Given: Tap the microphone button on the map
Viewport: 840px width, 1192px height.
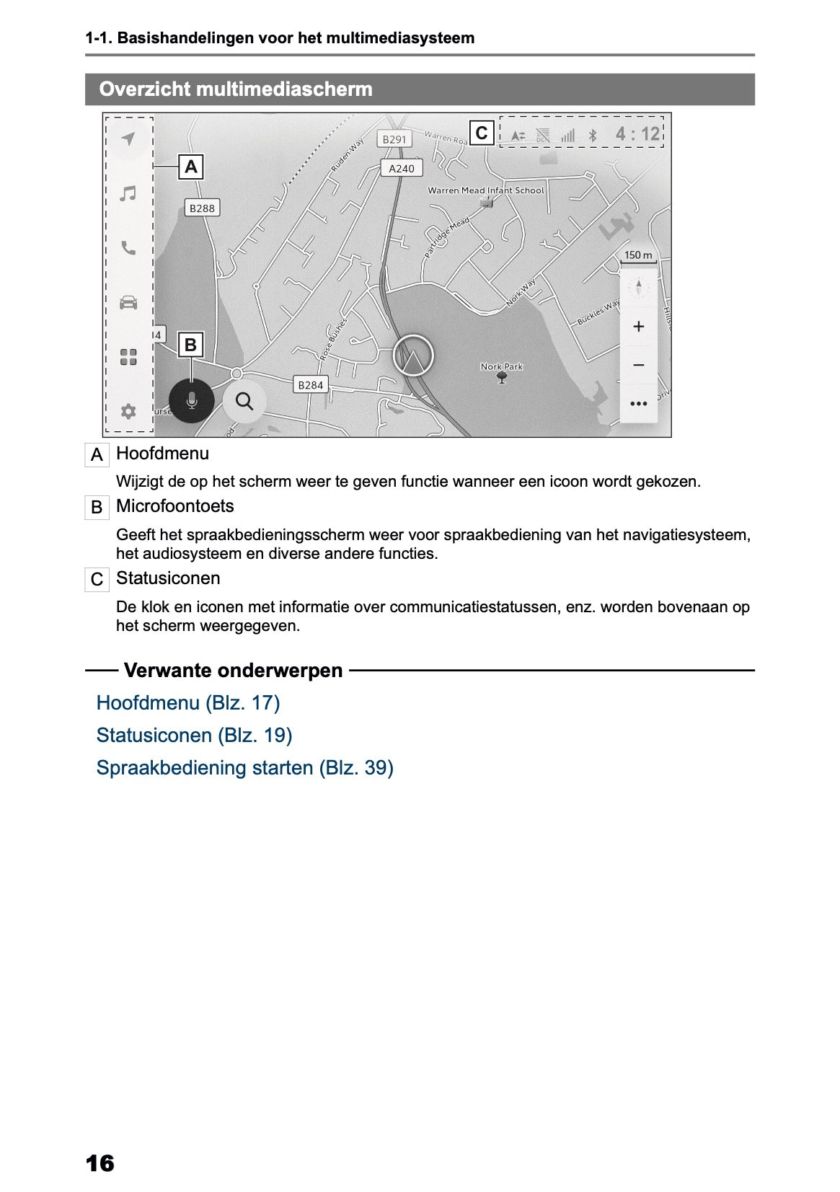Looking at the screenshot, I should click(x=191, y=400).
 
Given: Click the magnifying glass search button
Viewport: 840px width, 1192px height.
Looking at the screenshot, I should click(x=244, y=401).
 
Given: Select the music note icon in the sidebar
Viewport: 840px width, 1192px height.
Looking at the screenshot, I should click(x=128, y=193).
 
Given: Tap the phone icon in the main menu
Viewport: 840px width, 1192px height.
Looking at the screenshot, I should click(x=128, y=248).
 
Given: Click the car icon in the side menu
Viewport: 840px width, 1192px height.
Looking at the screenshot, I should click(x=128, y=302).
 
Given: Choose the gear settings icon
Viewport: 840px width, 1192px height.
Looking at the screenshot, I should click(x=128, y=411).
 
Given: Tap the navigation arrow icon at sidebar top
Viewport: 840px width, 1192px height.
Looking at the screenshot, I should click(x=128, y=138).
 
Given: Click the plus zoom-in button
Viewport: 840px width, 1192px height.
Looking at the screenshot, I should click(x=638, y=327).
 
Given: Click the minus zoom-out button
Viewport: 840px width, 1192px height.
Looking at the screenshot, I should click(x=638, y=365).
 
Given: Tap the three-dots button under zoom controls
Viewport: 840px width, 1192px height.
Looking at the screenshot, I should click(x=638, y=404).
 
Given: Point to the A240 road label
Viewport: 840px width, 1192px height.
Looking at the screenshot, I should click(x=402, y=168).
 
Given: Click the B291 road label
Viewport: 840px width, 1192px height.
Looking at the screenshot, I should click(x=394, y=139).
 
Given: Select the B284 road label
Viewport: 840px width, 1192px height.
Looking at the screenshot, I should click(x=311, y=385).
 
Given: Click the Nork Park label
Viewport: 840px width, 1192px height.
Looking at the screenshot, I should click(x=502, y=366).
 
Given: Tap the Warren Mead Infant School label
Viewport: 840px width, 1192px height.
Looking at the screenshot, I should click(x=485, y=190).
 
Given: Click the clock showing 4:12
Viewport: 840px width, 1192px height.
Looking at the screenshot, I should click(x=637, y=133).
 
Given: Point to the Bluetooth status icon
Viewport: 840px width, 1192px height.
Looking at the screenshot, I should click(x=593, y=135).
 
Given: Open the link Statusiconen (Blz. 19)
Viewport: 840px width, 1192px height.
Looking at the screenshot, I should click(x=194, y=736).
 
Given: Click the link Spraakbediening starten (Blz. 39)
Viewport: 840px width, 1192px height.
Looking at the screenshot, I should click(x=244, y=768).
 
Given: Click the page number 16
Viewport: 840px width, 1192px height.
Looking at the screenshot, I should click(x=100, y=1163).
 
